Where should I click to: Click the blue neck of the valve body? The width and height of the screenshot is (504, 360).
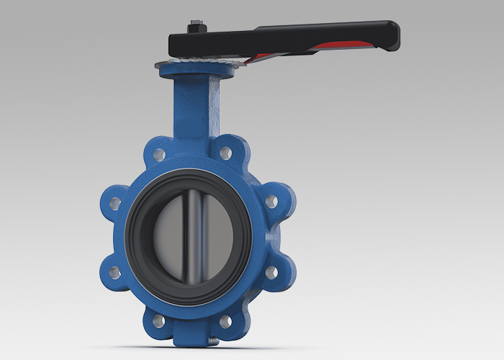click(194, 108)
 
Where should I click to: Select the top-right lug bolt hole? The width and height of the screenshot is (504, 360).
click(225, 153)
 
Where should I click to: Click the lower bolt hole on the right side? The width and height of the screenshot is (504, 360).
click(271, 272)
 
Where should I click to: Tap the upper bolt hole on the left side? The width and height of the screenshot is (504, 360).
click(114, 204)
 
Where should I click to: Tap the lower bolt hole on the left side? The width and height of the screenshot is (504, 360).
click(114, 272)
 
